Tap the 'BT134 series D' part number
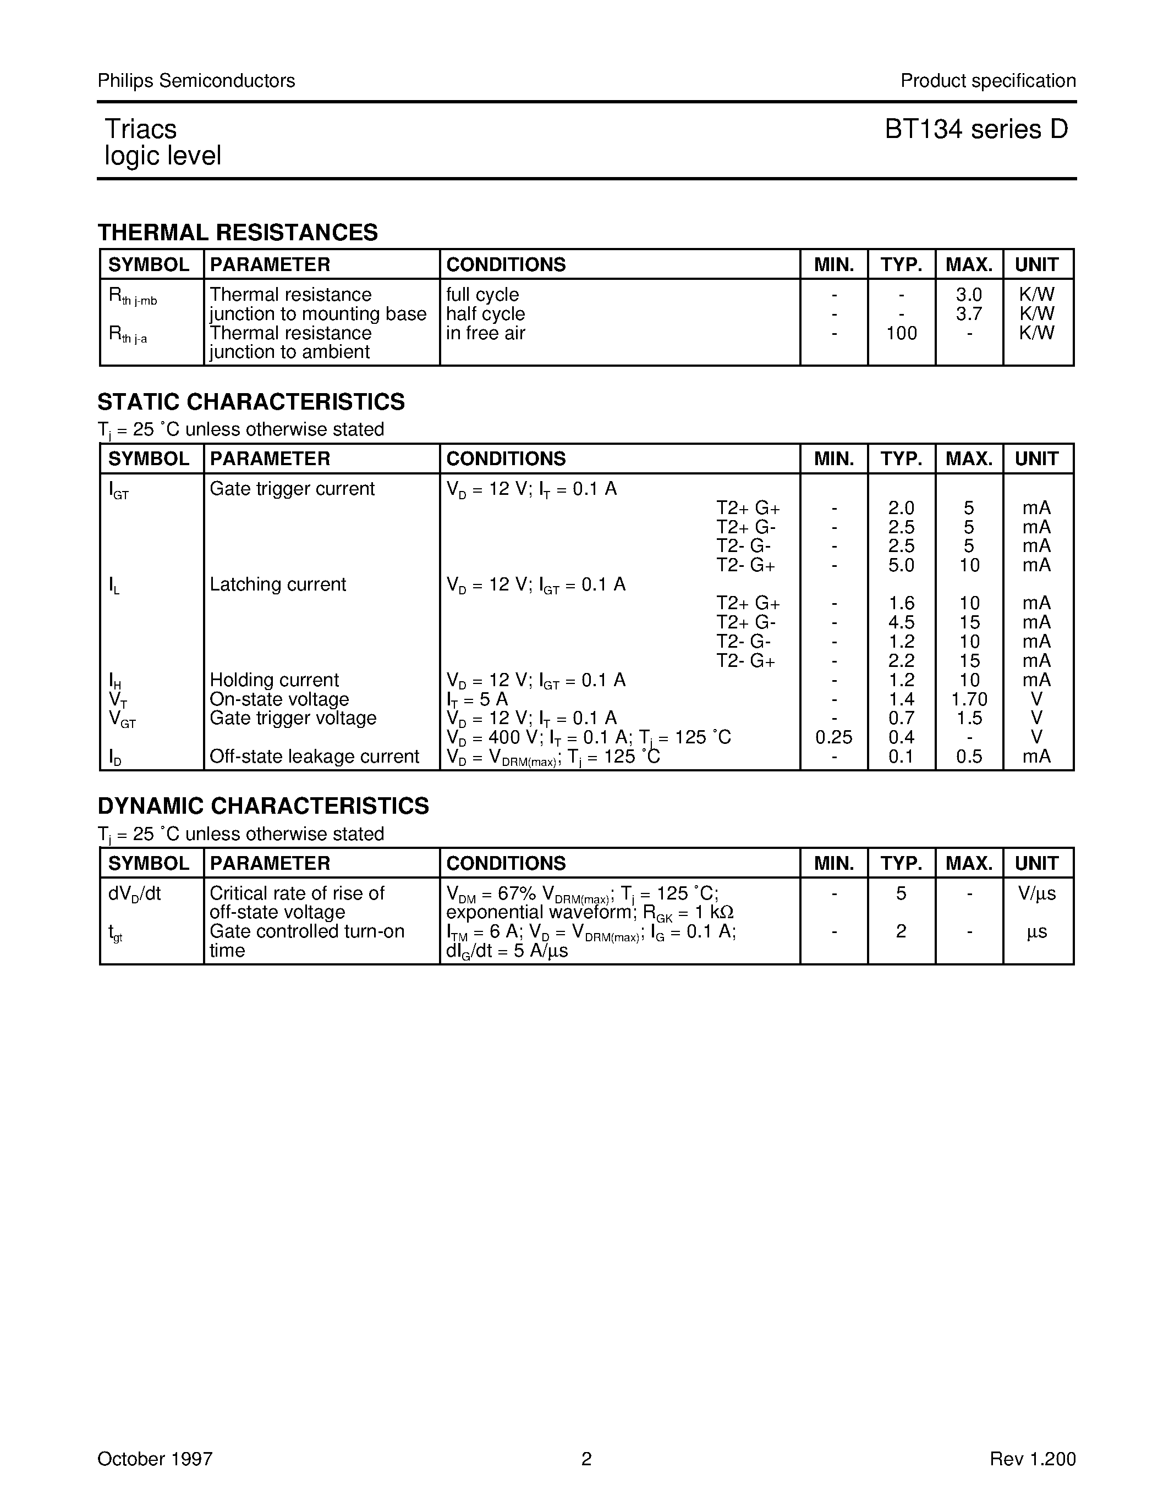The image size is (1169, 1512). (x=976, y=129)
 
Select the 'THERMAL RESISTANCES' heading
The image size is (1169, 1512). (x=238, y=233)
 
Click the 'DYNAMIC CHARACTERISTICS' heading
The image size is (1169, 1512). (x=263, y=806)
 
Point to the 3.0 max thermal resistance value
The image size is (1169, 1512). (x=969, y=295)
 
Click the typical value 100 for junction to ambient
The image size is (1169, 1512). (x=901, y=333)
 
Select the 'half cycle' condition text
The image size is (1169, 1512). (x=485, y=314)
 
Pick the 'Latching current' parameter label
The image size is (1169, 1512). (x=278, y=584)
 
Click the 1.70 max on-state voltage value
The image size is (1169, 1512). (x=969, y=699)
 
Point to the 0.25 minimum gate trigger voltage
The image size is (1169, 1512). (x=834, y=737)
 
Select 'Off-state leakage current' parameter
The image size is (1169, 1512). (x=315, y=757)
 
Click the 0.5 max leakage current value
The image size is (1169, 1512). (x=969, y=757)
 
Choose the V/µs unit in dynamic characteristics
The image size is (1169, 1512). (x=1037, y=894)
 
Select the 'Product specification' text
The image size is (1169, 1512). (x=988, y=81)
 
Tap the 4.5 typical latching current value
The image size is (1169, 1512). (x=901, y=622)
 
